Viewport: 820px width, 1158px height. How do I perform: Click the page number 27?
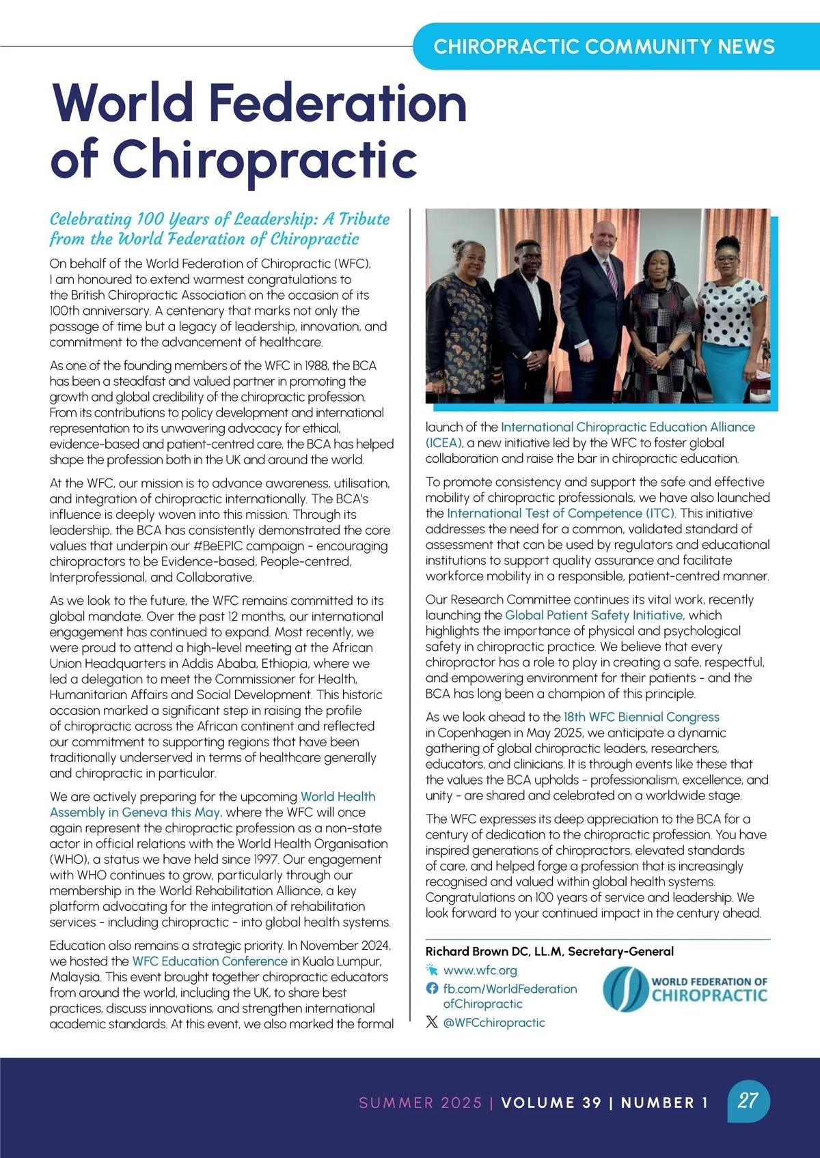click(748, 1100)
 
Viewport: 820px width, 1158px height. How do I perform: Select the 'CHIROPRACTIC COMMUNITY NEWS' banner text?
click(604, 46)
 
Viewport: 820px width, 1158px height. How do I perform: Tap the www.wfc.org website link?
click(480, 970)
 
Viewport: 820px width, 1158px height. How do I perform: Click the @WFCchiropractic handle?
click(494, 1022)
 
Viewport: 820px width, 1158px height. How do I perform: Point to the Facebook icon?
click(432, 988)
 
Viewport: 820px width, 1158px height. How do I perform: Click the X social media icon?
click(432, 1022)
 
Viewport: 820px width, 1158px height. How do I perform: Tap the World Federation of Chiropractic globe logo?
click(625, 990)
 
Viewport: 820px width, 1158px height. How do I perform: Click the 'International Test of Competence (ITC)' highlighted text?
click(561, 513)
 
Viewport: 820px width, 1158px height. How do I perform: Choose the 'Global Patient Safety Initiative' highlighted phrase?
click(593, 615)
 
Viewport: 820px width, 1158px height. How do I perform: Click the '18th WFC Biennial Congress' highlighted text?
click(641, 717)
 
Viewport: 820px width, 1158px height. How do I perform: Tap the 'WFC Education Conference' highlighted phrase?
click(209, 961)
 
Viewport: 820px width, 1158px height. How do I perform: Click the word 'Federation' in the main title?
click(337, 102)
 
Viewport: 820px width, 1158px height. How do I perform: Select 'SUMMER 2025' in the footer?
click(420, 1103)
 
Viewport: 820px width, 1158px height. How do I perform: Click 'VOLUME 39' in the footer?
click(551, 1103)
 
